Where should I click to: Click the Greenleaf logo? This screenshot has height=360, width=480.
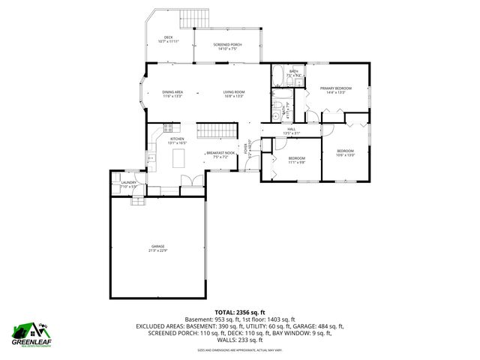[x=31, y=331]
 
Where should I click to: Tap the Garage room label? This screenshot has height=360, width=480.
[x=157, y=247]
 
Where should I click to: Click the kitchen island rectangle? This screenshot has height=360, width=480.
[x=178, y=157]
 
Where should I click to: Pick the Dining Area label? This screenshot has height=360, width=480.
[x=172, y=94]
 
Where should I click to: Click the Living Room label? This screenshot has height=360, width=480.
[x=234, y=94]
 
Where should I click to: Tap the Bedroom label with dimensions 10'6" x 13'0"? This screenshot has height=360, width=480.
[x=345, y=153]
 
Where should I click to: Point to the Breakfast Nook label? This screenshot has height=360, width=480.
[x=217, y=155]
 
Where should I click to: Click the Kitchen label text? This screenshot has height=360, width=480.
[x=177, y=140]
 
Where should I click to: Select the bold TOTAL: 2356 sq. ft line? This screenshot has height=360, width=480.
[x=240, y=312]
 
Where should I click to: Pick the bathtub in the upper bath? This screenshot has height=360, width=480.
[x=277, y=74]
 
